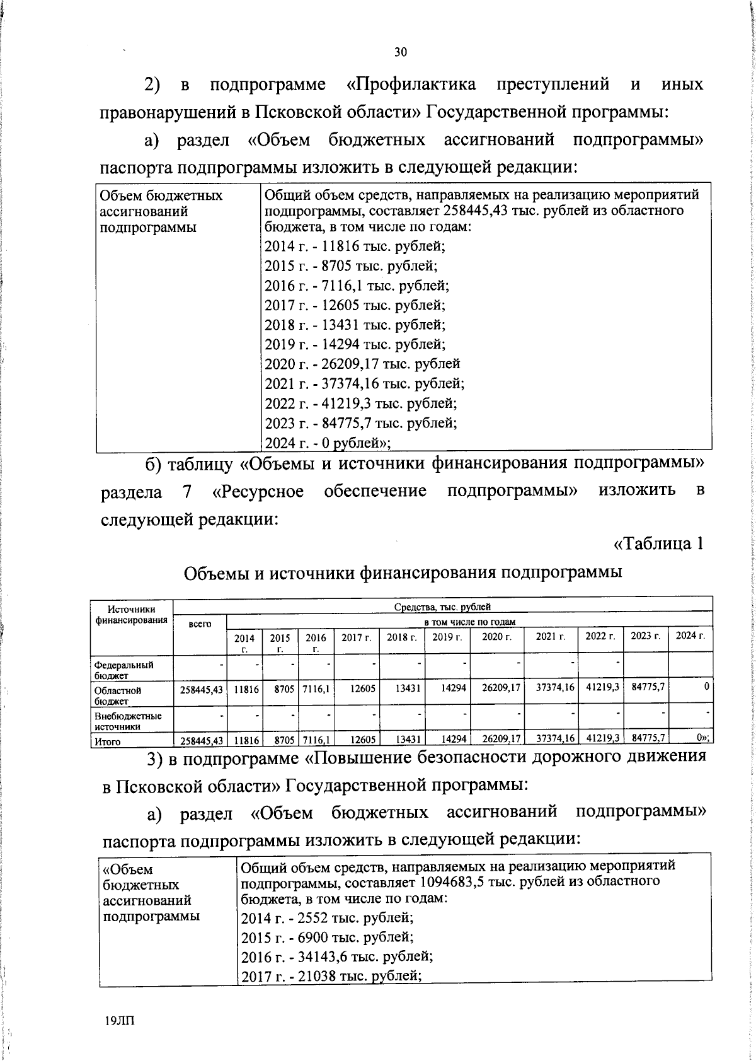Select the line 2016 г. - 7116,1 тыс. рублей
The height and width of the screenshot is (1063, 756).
point(356,286)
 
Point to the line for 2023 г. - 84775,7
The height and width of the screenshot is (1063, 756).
point(360,422)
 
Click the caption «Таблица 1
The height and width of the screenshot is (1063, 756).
point(658,543)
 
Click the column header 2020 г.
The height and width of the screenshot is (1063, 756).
point(496,637)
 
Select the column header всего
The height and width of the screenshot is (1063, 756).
point(200,624)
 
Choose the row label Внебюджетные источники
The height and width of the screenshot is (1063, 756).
point(128,721)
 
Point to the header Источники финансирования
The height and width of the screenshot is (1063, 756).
point(131,614)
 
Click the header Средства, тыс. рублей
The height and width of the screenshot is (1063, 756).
point(442,607)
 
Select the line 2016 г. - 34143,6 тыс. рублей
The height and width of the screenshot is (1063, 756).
point(337,956)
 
